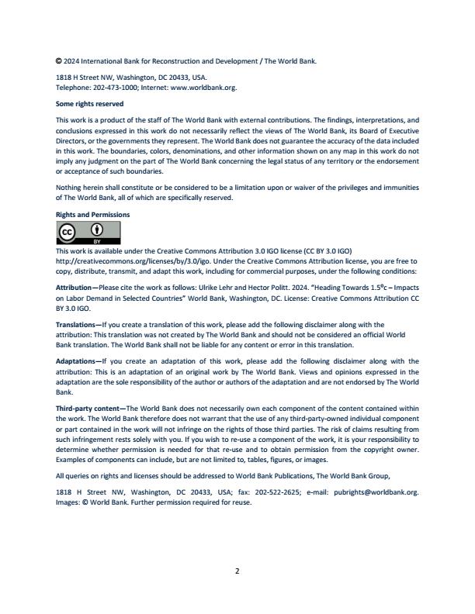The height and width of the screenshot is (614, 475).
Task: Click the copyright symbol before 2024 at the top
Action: click(59, 60)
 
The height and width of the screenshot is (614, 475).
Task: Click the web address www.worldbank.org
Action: click(208, 88)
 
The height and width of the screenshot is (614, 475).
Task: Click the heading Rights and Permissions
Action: click(93, 214)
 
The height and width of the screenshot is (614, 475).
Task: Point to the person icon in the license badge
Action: click(98, 229)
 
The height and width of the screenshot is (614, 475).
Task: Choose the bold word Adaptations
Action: click(77, 361)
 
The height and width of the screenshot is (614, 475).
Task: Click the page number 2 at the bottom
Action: click(237, 571)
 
